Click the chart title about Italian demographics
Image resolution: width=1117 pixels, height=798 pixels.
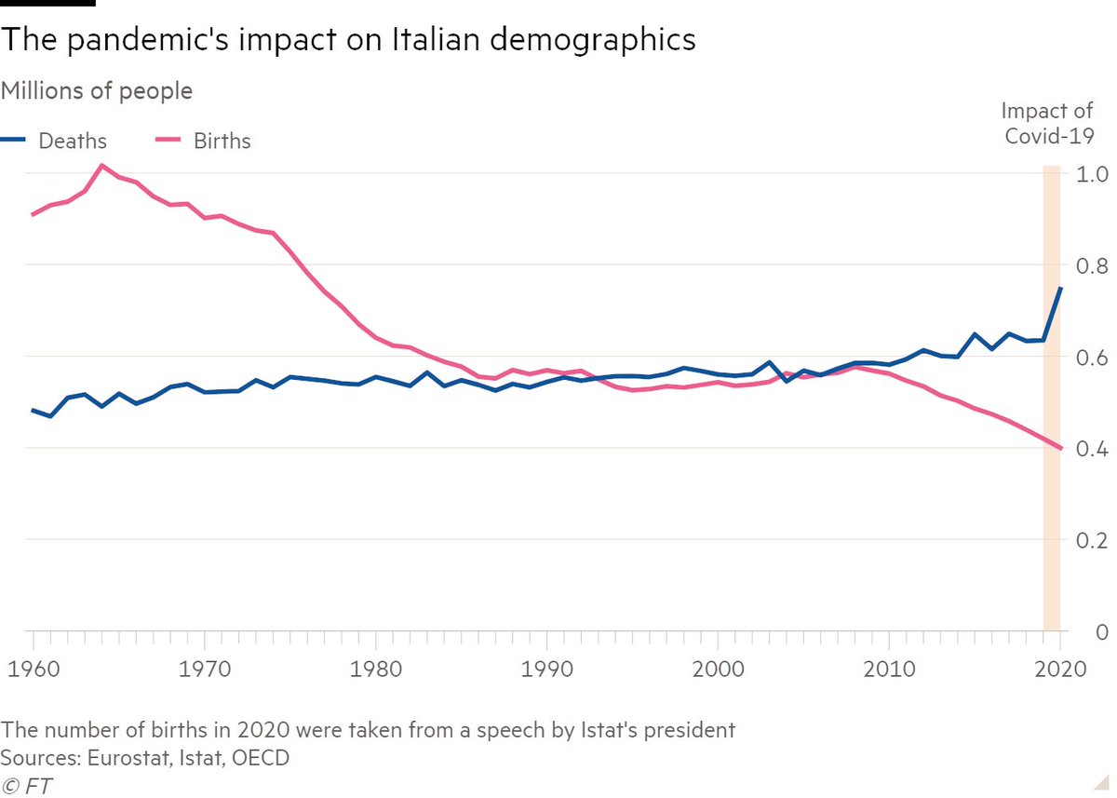(348, 41)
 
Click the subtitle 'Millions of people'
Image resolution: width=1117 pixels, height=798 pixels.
(97, 91)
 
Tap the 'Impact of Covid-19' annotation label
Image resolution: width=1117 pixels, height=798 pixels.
(1046, 123)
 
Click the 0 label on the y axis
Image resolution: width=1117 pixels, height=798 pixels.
(1099, 633)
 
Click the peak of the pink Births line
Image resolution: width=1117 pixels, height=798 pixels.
(102, 166)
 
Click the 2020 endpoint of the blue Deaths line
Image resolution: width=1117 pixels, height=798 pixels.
(1060, 289)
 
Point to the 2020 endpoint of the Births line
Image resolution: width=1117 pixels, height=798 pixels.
(1060, 449)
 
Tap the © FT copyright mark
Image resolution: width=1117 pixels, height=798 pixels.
(27, 785)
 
